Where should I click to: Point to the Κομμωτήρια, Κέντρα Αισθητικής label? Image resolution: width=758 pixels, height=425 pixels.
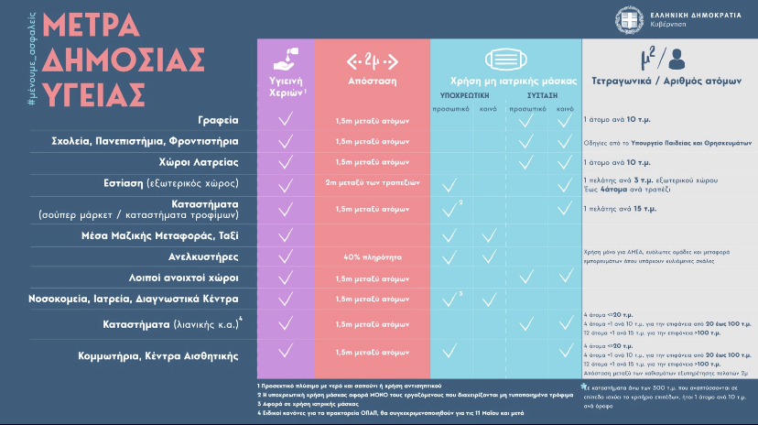pyautogui.click(x=172, y=355)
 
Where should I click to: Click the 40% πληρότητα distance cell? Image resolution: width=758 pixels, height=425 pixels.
pyautogui.click(x=372, y=256)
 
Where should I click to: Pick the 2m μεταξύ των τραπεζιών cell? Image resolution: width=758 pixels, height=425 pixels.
pyautogui.click(x=372, y=183)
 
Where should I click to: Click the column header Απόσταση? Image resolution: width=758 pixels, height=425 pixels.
pyautogui.click(x=372, y=81)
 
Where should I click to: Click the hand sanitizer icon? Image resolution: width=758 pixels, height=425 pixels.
pyautogui.click(x=286, y=58)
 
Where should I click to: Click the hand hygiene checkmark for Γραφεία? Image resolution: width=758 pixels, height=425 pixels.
pyautogui.click(x=286, y=120)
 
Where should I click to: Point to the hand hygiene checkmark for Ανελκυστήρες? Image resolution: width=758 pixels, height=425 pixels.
pyautogui.click(x=286, y=256)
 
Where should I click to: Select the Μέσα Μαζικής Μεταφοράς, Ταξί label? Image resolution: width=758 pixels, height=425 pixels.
pyautogui.click(x=173, y=235)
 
